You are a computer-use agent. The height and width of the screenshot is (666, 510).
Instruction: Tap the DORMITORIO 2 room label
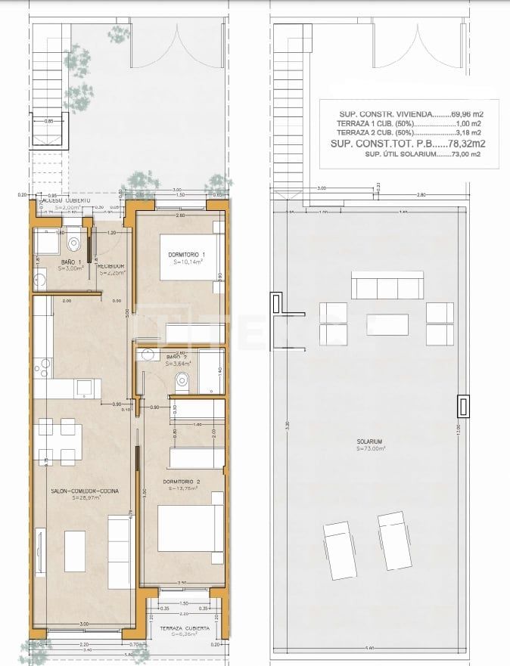181,481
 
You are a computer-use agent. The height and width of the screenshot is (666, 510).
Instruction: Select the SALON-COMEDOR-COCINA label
85,491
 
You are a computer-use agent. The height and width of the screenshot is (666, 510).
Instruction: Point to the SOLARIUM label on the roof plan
371,441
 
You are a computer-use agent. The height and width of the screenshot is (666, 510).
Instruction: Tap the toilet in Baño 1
73,243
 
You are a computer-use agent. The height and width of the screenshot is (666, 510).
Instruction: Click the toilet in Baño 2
182,384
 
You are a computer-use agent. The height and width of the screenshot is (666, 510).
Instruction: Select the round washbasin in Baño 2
148,356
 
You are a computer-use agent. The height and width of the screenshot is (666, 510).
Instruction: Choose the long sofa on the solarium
386,287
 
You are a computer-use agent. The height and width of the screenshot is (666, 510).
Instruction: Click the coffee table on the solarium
387,324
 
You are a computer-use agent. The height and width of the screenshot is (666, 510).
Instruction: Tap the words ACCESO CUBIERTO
64,200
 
